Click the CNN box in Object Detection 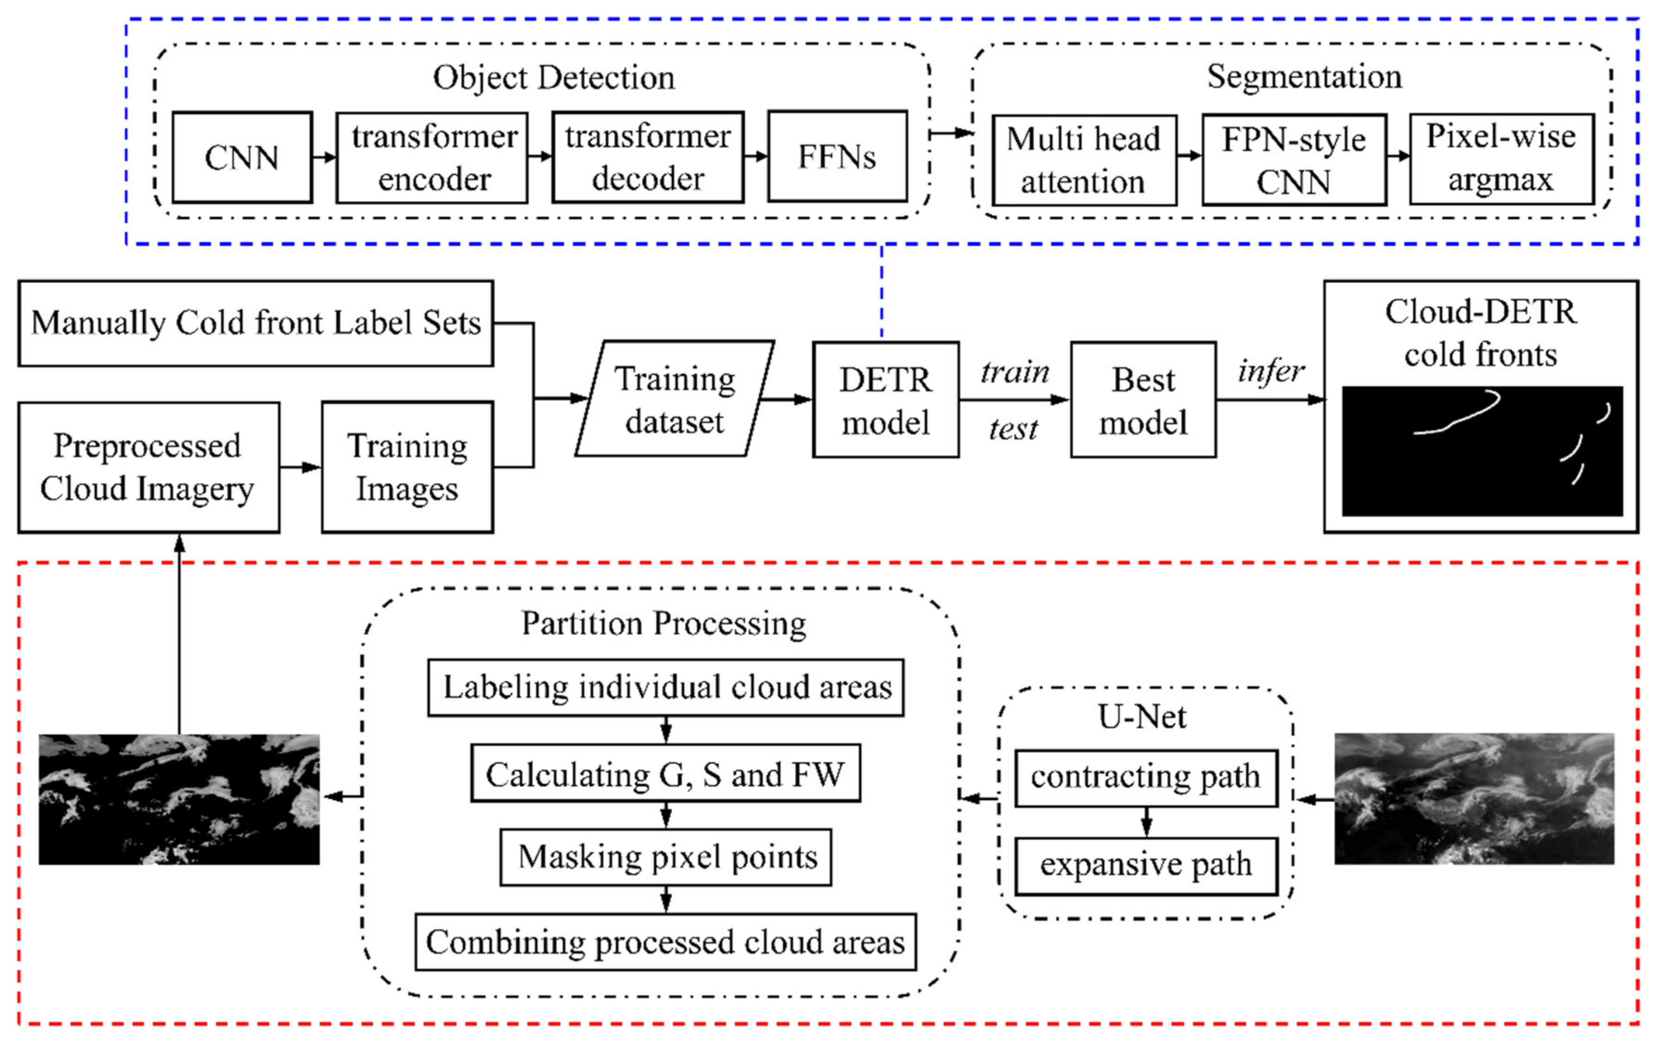point(242,157)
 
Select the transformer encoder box point(432,157)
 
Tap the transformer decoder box point(647,157)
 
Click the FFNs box point(837,157)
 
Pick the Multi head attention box point(1084,160)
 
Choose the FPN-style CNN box point(1294,160)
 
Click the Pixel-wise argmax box point(1501,159)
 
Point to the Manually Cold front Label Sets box point(256,323)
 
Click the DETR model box point(885,400)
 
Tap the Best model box point(1143,400)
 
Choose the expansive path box point(1146,865)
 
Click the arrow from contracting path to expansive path point(1146,822)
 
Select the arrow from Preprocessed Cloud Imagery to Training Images point(300,467)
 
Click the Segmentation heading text point(1304,76)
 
